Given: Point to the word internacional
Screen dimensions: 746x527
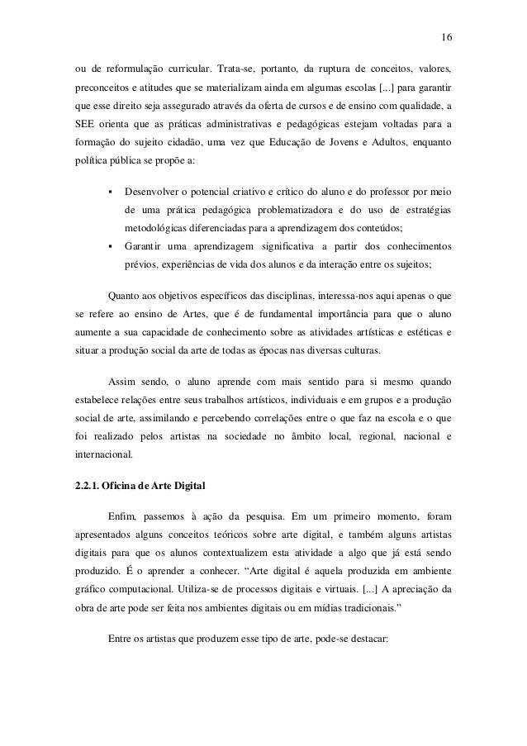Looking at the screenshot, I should [x=103, y=454].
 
